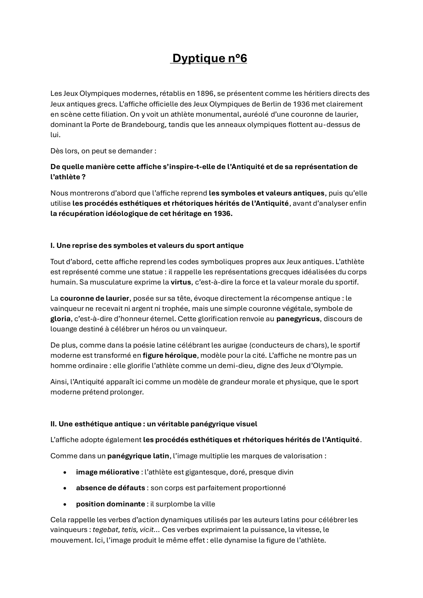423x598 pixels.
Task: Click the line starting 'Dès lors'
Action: point(103,151)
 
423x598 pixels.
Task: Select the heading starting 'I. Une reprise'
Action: point(147,245)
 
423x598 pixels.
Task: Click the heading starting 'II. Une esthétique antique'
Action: point(154,424)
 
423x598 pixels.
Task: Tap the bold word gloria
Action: point(60,319)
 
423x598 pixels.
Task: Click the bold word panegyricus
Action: point(298,319)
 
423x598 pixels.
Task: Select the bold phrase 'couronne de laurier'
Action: point(95,298)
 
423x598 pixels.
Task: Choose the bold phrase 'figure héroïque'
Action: point(170,355)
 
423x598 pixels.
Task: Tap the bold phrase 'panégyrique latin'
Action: point(138,456)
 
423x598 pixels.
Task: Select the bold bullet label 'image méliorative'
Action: point(107,472)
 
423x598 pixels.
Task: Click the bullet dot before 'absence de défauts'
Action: point(65,488)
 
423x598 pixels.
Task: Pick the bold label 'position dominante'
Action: point(110,504)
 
